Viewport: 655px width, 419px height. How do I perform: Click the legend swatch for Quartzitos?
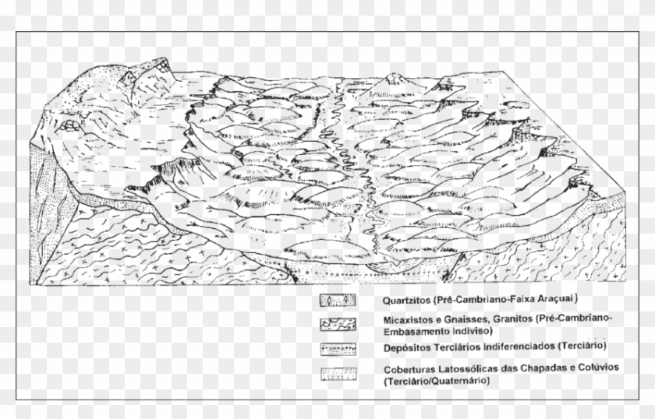[x=338, y=300]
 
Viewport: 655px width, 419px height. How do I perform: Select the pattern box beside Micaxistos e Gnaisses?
[x=338, y=323]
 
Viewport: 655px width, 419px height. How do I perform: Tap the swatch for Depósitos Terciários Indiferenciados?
[x=338, y=347]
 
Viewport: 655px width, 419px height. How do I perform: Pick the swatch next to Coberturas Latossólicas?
[x=338, y=373]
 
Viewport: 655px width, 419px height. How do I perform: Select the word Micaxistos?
[x=407, y=319]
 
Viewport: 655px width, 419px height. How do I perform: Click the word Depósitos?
[x=406, y=347]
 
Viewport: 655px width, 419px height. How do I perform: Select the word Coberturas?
[x=410, y=369]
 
